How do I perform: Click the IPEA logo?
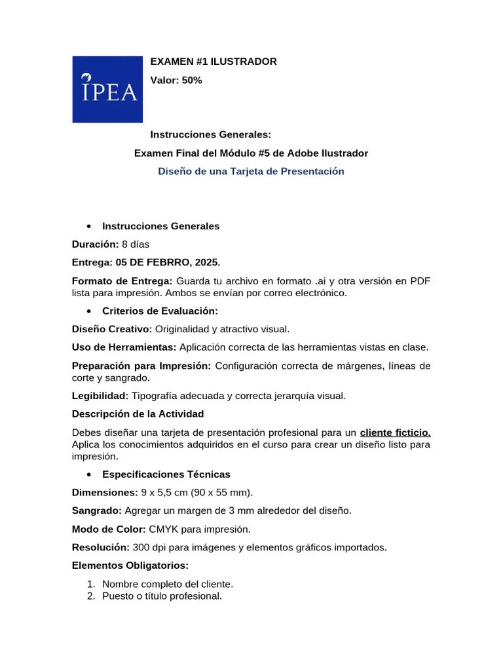[107, 89]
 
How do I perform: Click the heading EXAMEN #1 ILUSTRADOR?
[214, 62]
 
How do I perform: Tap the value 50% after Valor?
[192, 80]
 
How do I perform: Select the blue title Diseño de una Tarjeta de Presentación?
[251, 171]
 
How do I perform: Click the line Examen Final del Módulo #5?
[251, 153]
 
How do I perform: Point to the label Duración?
[95, 244]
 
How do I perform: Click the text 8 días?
[136, 244]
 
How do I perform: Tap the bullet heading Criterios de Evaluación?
[160, 311]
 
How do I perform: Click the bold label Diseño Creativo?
[112, 329]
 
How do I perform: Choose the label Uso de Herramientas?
[124, 347]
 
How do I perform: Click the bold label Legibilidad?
[100, 396]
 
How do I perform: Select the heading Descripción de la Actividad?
[138, 414]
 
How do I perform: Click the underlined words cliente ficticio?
[395, 432]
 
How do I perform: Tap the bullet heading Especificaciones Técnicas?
[166, 474]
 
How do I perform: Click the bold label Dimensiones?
[103, 492]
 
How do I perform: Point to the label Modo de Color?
[109, 529]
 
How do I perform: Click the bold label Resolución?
[101, 546]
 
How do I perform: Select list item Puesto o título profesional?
[162, 596]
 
